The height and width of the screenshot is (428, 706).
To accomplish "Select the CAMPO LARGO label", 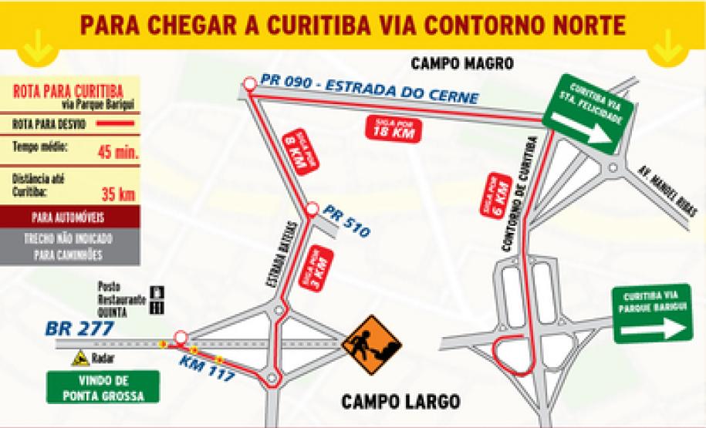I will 401,402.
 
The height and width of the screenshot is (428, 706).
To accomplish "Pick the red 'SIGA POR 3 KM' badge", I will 317,268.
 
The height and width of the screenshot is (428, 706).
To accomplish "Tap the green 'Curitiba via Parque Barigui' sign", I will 650,314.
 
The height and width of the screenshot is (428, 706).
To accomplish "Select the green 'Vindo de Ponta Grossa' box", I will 103,388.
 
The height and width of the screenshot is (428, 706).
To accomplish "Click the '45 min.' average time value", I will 118,151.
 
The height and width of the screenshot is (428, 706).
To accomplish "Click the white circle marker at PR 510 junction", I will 312,209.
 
